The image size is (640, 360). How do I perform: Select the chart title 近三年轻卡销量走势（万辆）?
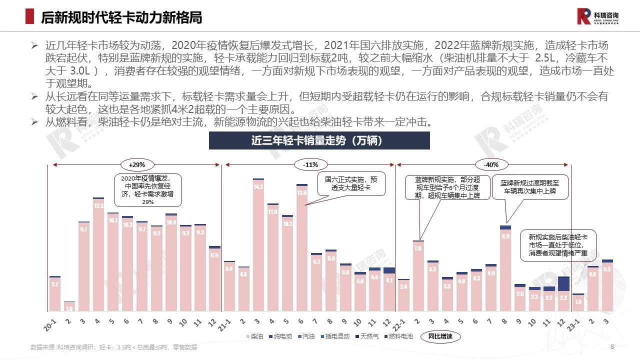[316, 141]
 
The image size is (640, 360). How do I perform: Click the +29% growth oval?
[136, 164]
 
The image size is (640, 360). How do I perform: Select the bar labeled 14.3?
[258, 245]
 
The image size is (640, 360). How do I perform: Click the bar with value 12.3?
[98, 255]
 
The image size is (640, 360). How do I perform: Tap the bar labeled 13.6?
[301, 247]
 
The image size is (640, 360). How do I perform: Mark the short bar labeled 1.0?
[69, 306]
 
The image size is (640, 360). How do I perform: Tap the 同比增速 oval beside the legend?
[440, 336]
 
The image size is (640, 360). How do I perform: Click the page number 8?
[612, 347]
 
